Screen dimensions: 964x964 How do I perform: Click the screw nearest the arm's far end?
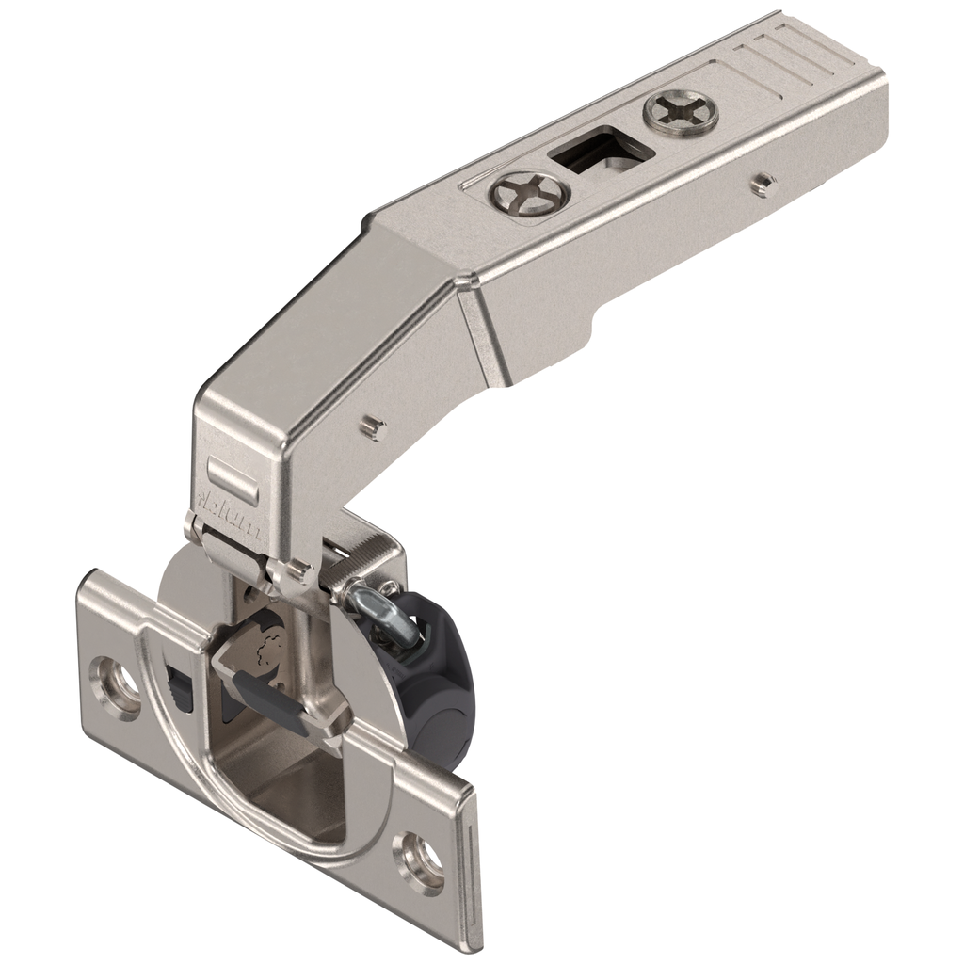[x=680, y=110]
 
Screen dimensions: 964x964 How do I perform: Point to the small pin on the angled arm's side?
[x=375, y=428]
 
